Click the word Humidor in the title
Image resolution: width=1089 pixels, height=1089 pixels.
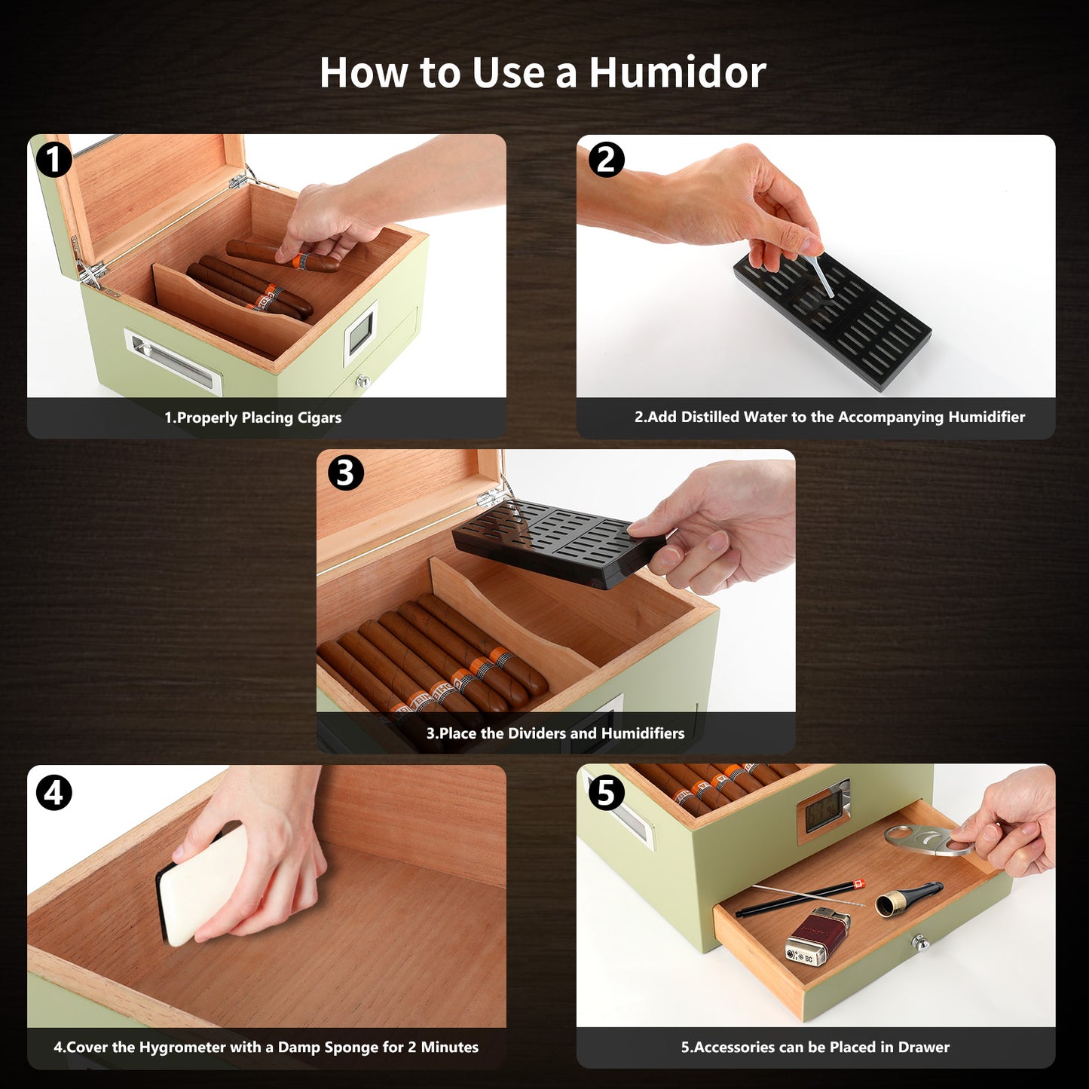[678, 72]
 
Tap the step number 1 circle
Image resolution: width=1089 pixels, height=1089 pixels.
[54, 160]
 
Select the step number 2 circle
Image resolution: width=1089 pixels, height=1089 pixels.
[607, 160]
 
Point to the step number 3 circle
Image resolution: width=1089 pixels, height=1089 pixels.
[345, 473]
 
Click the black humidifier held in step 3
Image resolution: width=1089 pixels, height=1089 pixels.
[558, 543]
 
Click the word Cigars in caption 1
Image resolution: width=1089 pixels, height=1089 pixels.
[320, 418]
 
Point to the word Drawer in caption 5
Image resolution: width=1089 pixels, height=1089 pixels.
[923, 1048]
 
